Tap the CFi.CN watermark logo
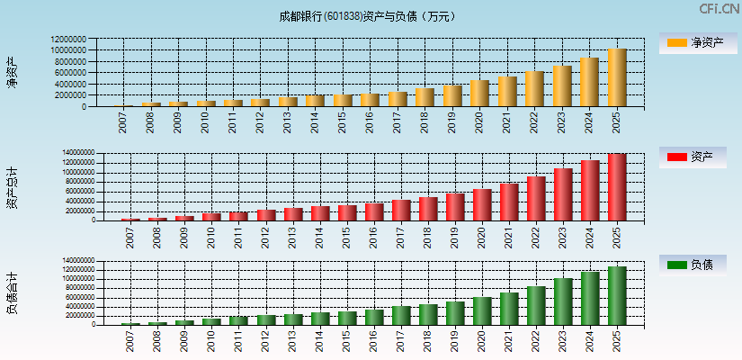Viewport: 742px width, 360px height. tap(720, 9)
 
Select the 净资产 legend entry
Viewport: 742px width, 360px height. tap(693, 43)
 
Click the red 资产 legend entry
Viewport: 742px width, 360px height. tap(693, 157)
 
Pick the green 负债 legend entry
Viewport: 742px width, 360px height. tap(693, 265)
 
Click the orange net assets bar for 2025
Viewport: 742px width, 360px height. tap(617, 78)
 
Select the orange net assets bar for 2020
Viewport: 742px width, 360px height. tap(479, 94)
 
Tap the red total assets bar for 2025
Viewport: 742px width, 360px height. tap(617, 187)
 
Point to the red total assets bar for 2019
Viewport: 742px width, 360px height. tap(454, 207)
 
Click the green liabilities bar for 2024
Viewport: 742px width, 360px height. tap(589, 298)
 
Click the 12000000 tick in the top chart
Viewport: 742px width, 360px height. tap(68, 40)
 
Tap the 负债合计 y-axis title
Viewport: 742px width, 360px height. tap(12, 293)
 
